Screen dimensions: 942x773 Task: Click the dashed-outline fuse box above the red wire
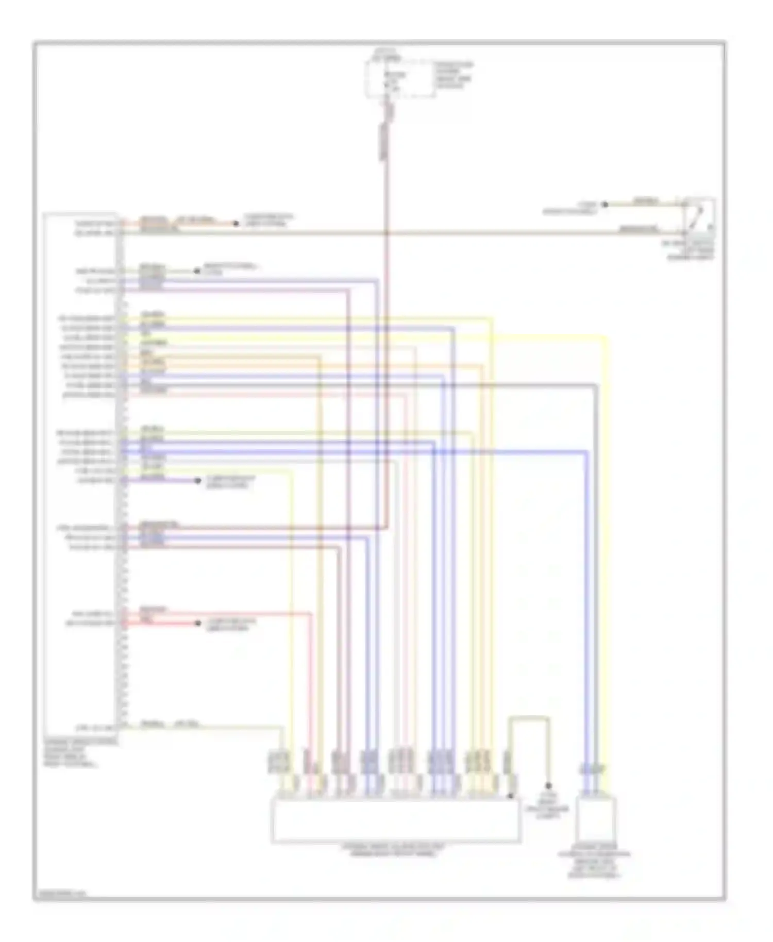coord(399,78)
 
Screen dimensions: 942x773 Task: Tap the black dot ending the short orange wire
coord(236,223)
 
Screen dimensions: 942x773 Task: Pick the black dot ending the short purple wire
coord(197,481)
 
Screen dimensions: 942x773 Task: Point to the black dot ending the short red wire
coord(197,623)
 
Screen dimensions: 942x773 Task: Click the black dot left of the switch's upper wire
coord(605,205)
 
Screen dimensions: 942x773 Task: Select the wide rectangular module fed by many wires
coord(395,819)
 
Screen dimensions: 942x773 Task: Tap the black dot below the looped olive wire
coord(549,786)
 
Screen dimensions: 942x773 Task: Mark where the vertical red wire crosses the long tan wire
coord(386,233)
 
